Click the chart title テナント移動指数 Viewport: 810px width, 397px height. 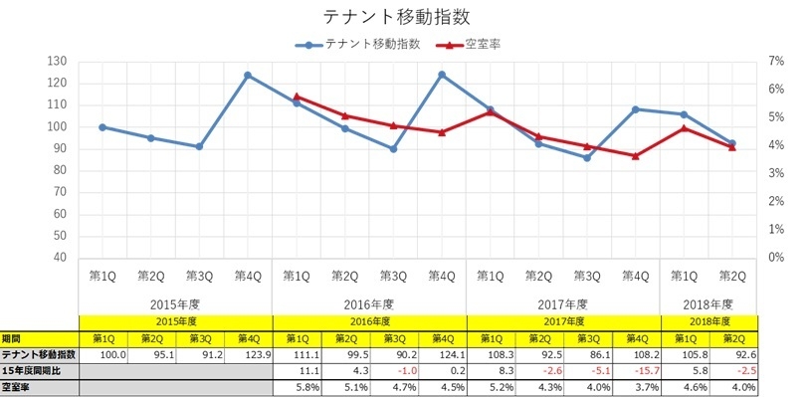click(396, 17)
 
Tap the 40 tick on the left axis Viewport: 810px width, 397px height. click(59, 258)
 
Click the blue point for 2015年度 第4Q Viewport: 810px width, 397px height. click(248, 75)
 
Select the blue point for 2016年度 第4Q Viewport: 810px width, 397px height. click(442, 75)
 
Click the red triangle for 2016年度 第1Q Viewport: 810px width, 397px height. click(297, 97)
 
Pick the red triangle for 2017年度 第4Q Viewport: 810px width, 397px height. click(636, 155)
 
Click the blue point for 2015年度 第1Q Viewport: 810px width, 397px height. click(102, 127)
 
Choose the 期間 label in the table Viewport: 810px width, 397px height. click(12, 338)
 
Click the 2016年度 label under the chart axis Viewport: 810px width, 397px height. click(369, 303)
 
